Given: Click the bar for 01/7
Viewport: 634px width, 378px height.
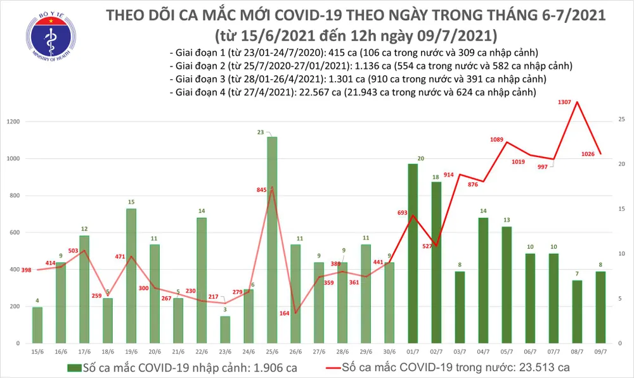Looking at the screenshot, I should point(413,253).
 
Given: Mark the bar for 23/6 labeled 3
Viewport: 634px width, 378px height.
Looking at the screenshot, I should point(225,329).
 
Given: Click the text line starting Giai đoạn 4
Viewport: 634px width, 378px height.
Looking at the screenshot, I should point(353,92).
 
